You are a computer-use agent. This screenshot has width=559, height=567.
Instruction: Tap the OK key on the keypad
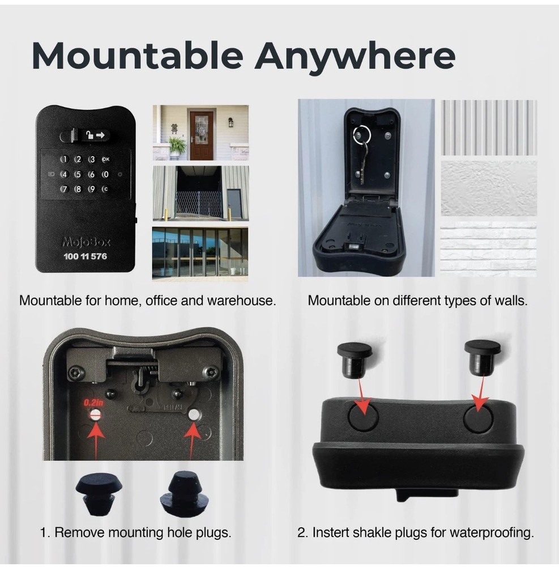coord(105,160)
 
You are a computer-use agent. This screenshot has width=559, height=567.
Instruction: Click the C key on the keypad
coord(105,189)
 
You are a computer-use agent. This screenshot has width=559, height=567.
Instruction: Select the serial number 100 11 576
coord(86,256)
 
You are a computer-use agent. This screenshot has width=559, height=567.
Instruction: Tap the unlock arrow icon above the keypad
coord(96,135)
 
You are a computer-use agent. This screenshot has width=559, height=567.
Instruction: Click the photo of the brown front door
coord(201,133)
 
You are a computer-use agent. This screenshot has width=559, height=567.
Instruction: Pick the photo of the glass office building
coord(200,253)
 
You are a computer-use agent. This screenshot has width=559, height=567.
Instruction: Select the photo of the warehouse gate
coord(200,193)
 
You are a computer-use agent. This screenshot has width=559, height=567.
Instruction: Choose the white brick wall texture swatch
coord(488,249)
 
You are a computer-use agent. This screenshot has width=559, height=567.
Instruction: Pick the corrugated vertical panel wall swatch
coord(488,127)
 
